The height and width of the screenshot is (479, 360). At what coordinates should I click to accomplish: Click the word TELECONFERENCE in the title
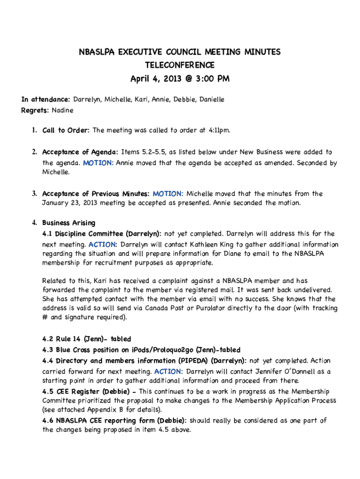pos(180,65)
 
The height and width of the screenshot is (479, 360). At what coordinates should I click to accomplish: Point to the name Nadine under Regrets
pos(62,110)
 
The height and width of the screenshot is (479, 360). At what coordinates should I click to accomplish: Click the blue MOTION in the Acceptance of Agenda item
pos(98,163)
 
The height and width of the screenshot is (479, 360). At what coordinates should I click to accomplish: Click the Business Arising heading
pos(69,223)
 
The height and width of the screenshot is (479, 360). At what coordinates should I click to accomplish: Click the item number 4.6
pos(48,421)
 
